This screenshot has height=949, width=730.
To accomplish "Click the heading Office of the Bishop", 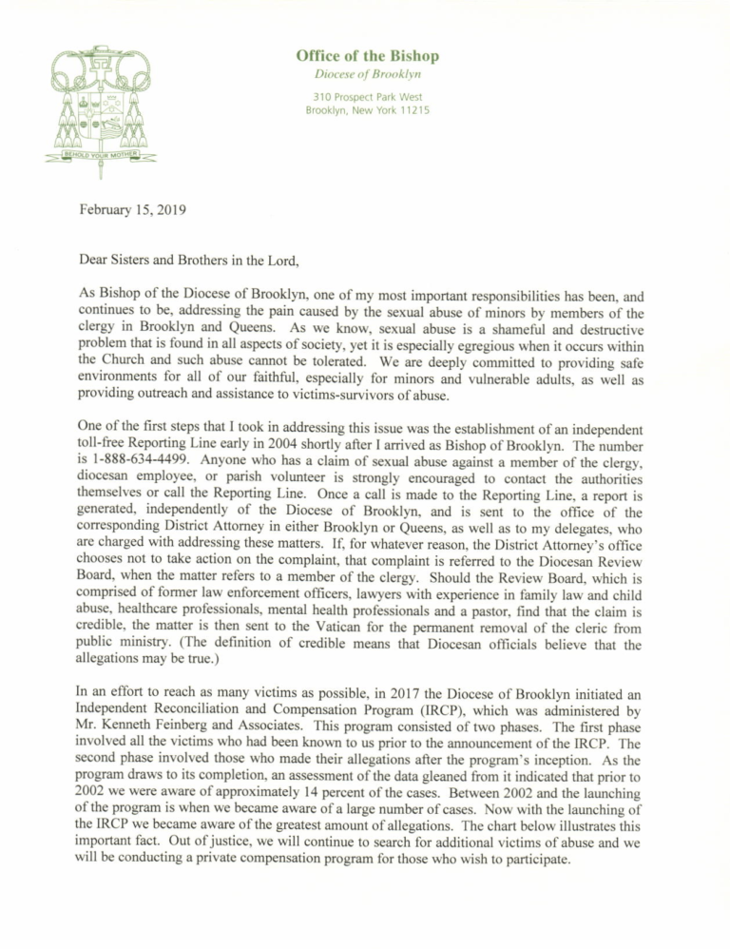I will (x=367, y=56).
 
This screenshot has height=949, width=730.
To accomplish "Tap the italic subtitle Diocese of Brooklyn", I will (x=367, y=74).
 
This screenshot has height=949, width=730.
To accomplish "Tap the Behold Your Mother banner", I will (x=101, y=152).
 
